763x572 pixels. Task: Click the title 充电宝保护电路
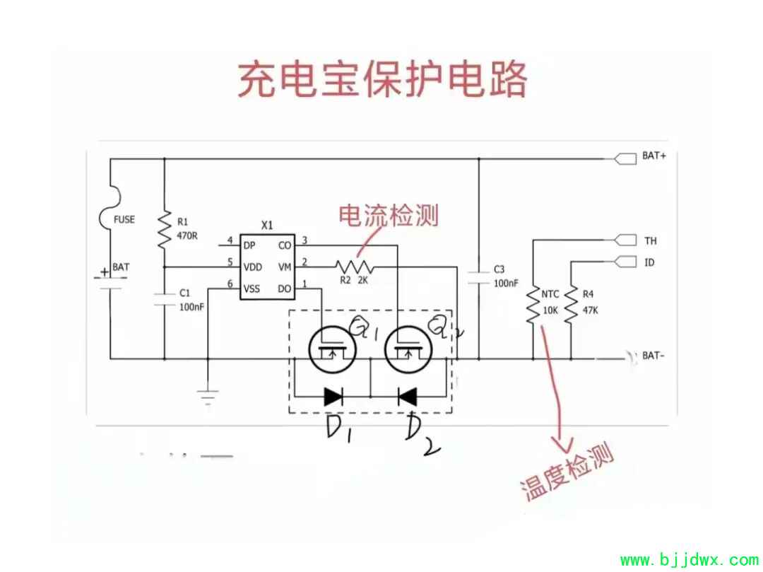381,79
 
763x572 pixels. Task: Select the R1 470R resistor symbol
164,228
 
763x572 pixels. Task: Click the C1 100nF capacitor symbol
164,297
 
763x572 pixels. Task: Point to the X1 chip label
267,225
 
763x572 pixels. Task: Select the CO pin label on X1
285,245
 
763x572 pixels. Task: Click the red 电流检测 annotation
389,215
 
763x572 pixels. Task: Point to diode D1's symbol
333,397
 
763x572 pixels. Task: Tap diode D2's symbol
407,397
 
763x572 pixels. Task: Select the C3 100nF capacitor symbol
479,276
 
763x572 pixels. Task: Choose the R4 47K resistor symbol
570,305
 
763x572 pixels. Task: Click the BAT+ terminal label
653,156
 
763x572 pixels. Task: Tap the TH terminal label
650,241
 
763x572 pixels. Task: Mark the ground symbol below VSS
207,397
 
